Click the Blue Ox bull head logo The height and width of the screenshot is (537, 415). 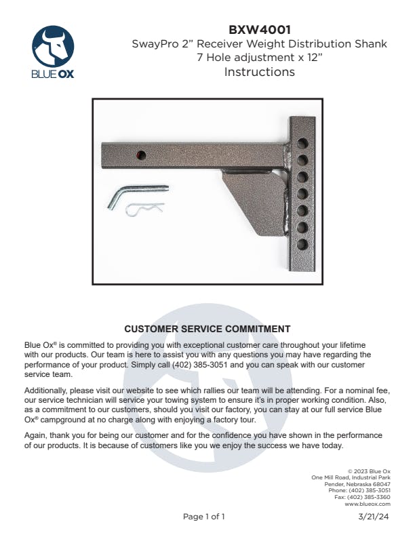[54, 45]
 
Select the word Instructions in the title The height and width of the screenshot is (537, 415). [259, 72]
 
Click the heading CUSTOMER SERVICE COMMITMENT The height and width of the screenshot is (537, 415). [207, 329]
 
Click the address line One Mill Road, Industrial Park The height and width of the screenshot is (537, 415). [351, 477]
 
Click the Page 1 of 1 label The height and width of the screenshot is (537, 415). [203, 517]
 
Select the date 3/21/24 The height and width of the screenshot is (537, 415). [374, 517]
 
